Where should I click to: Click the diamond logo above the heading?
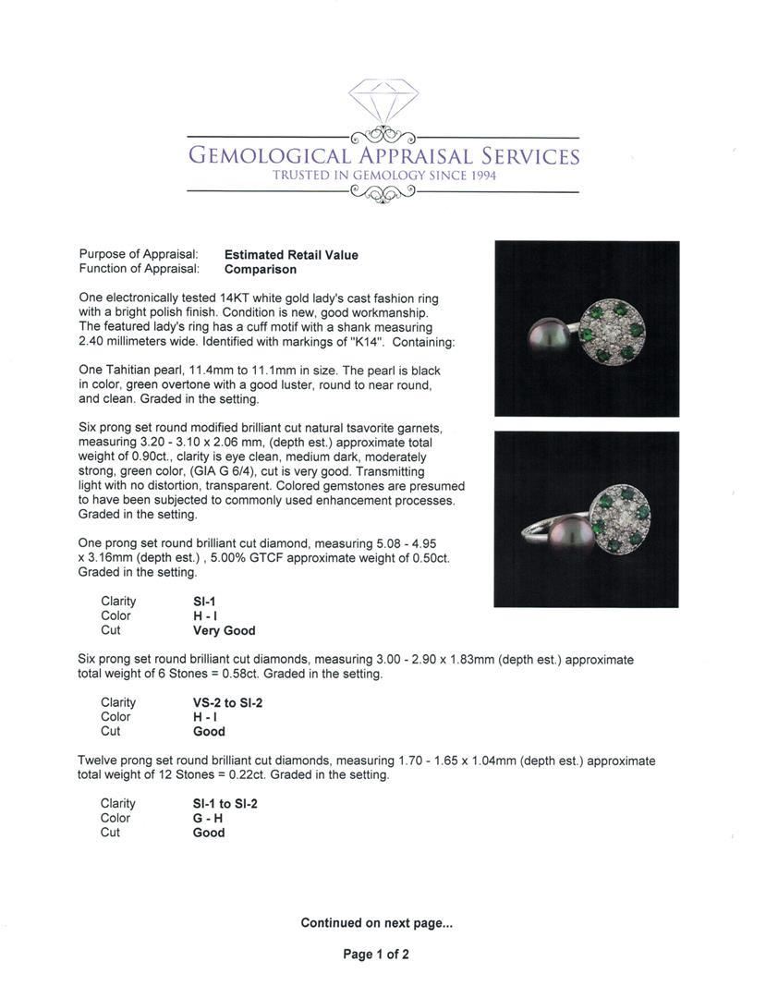(383, 99)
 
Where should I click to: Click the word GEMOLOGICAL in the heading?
(269, 155)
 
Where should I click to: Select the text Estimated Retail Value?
(291, 255)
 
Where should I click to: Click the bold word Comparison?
(261, 270)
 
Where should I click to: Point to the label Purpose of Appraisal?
(139, 255)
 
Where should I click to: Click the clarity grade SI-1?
(204, 602)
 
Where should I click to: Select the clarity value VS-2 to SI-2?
(227, 702)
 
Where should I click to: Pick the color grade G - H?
(208, 818)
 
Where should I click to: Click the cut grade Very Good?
(224, 630)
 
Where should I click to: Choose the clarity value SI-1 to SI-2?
(225, 804)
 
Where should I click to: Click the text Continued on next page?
(376, 922)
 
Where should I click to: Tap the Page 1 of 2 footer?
(376, 955)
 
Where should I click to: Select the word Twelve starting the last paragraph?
(99, 761)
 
